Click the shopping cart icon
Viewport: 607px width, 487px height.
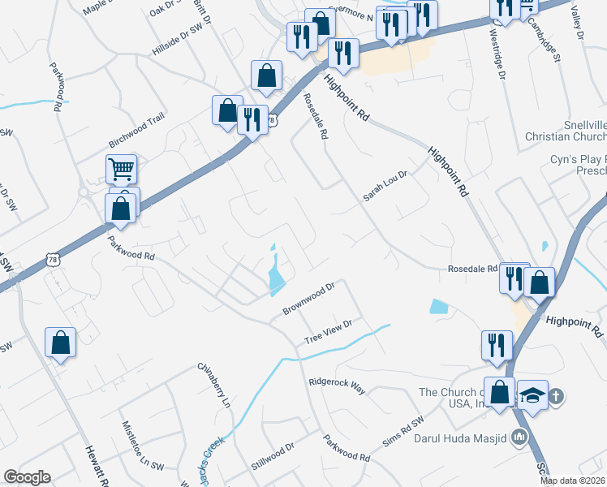(x=121, y=170)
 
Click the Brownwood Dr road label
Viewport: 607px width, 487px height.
(x=309, y=299)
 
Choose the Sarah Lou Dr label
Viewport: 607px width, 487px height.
(x=384, y=186)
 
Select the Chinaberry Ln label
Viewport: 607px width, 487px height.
(x=215, y=384)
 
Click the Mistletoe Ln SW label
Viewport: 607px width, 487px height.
(x=135, y=449)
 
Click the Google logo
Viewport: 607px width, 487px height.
(x=27, y=477)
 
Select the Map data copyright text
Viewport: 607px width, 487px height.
(x=572, y=481)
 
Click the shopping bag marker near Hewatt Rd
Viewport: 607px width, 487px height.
(x=61, y=342)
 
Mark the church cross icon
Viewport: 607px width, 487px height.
(x=557, y=396)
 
